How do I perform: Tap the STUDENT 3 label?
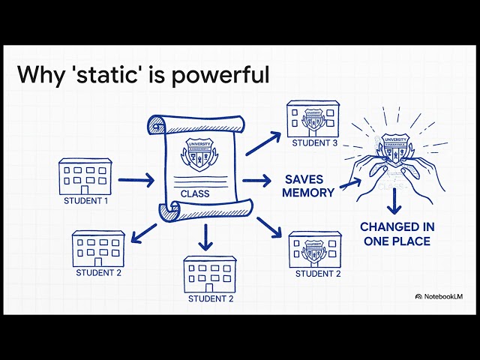(313, 144)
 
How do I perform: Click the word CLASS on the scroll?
(195, 193)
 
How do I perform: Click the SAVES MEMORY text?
(309, 186)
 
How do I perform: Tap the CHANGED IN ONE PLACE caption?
(396, 233)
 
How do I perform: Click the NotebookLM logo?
(439, 297)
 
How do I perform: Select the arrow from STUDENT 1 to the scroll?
(136, 180)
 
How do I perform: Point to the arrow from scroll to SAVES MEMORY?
(256, 181)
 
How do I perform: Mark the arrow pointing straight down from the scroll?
(204, 238)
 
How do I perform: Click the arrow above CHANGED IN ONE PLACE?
(396, 203)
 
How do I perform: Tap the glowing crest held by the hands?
(395, 151)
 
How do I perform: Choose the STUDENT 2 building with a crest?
(314, 250)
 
